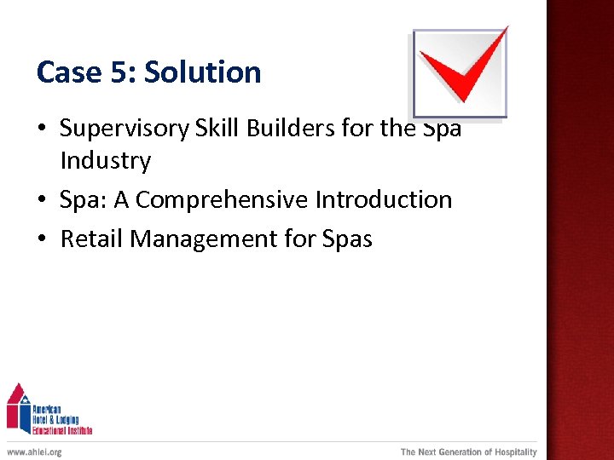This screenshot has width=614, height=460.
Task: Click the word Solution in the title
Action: coord(202,72)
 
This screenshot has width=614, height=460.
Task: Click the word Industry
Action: coord(105,160)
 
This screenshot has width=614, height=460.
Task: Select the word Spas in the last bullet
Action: coord(347,239)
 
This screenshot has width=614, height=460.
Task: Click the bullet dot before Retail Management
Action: coord(42,240)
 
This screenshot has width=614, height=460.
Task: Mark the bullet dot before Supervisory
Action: coord(42,129)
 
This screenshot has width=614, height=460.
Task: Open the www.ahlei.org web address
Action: coord(34,452)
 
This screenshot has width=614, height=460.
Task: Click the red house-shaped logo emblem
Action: coord(18,406)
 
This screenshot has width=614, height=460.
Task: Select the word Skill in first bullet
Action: coord(217,129)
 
